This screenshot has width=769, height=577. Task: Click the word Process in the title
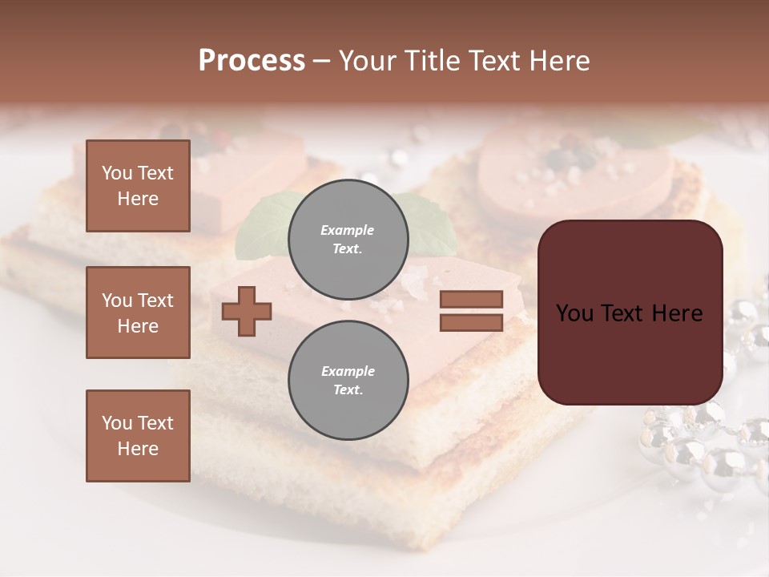(x=252, y=61)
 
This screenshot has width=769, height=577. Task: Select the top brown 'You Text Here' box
(x=138, y=186)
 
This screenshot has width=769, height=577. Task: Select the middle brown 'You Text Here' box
(x=138, y=313)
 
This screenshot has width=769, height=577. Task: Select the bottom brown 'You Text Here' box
(x=138, y=436)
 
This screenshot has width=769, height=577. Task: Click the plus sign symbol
(x=247, y=310)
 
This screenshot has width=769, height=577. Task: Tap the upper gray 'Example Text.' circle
(x=348, y=239)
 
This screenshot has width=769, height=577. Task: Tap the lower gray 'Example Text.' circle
(x=348, y=380)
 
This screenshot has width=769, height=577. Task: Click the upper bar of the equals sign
(x=471, y=299)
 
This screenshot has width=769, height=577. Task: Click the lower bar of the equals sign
(x=471, y=322)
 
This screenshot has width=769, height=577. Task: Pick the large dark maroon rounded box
(x=630, y=353)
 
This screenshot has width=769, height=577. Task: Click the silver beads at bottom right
(x=705, y=449)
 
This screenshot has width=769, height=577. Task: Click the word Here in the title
(x=560, y=61)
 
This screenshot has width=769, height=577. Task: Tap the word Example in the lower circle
(x=348, y=371)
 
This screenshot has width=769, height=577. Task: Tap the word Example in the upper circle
(x=348, y=230)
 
